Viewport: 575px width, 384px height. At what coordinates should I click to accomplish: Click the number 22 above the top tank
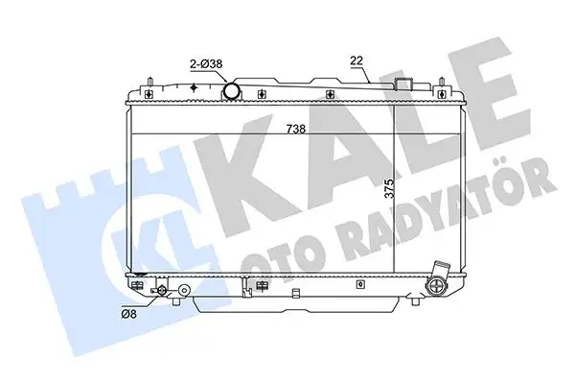coord(356,61)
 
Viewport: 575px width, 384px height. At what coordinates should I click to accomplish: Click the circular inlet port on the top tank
coord(231,91)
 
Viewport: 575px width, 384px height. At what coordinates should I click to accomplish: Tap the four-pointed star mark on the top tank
coord(195,88)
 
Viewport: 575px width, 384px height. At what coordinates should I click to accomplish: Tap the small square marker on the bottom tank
coord(359,283)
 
